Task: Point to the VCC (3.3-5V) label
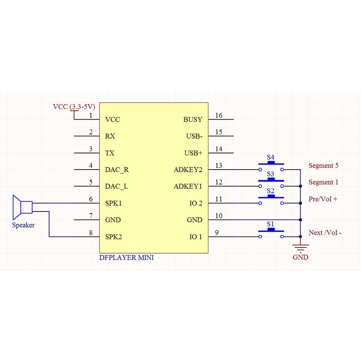pyautogui.click(x=74, y=106)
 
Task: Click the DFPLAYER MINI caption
pyautogui.click(x=126, y=258)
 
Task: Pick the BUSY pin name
pyautogui.click(x=193, y=120)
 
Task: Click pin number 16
pyautogui.click(x=219, y=115)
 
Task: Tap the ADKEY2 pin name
pyautogui.click(x=188, y=170)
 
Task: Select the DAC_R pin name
pyautogui.click(x=117, y=170)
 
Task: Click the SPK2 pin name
pyautogui.click(x=114, y=237)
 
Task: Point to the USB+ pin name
pyautogui.click(x=193, y=153)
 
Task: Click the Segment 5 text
pyautogui.click(x=323, y=165)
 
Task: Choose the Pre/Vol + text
pyautogui.click(x=323, y=199)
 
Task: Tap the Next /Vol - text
pyautogui.click(x=325, y=233)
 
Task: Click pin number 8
pyautogui.click(x=91, y=233)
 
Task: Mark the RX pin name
pyautogui.click(x=110, y=136)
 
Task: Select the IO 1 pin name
pyautogui.click(x=196, y=237)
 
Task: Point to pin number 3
pyautogui.click(x=91, y=149)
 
